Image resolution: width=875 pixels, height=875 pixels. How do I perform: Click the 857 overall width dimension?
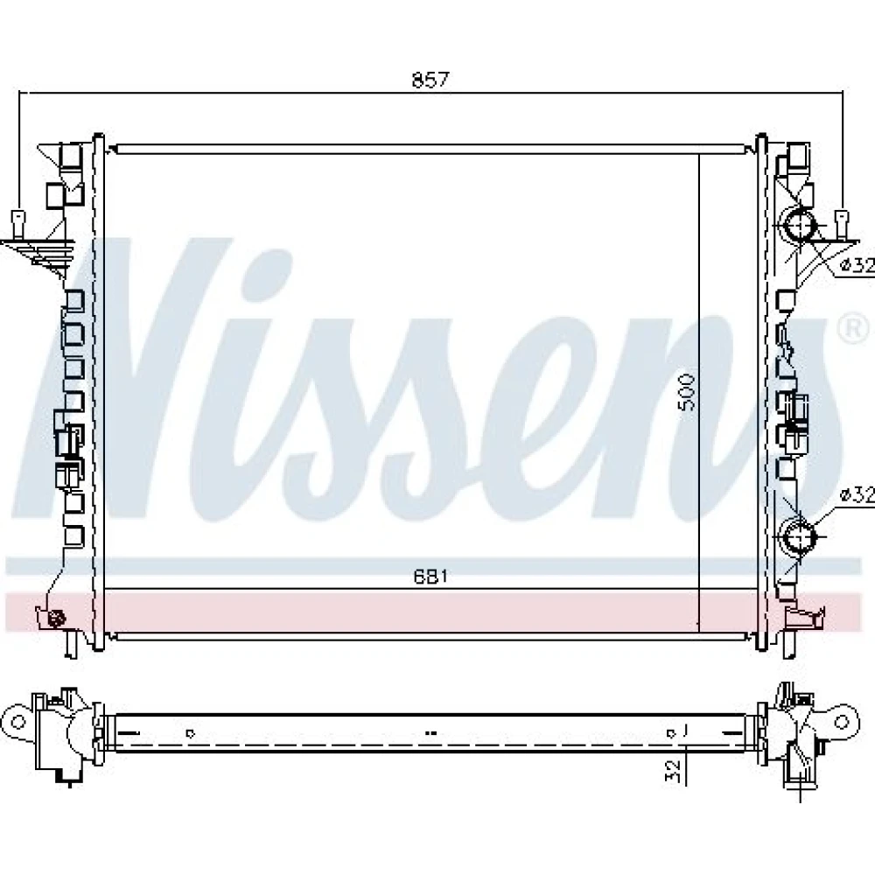coord(430,80)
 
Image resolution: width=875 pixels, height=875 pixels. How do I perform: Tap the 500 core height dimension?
coord(687,392)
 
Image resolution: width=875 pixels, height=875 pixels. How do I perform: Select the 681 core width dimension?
coord(430,577)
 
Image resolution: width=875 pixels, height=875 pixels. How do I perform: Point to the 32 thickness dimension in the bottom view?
coord(675,770)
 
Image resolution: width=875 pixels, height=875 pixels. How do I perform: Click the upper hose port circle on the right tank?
coord(800,226)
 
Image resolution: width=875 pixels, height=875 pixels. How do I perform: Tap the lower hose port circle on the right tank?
coord(800,537)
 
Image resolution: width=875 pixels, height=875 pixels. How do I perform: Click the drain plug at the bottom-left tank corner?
coord(56,618)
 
